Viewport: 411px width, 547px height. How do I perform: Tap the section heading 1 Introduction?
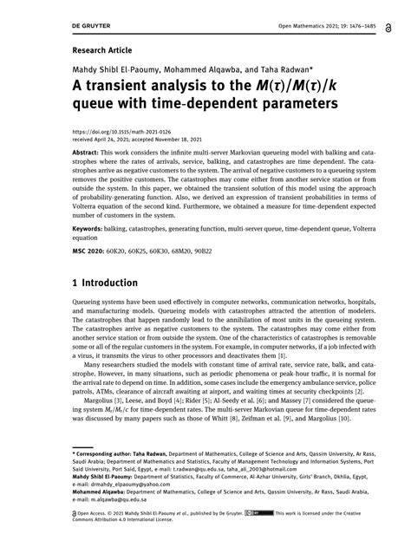click(105, 283)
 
